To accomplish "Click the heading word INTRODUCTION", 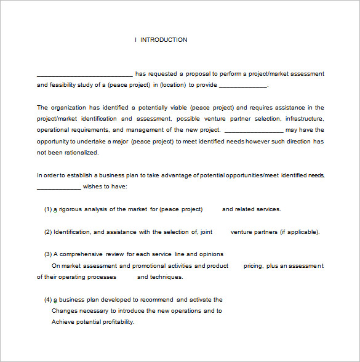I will click(x=164, y=40).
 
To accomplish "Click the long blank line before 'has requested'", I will click(x=85, y=74).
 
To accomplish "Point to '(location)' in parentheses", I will click(x=175, y=85).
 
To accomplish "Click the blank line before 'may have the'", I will click(x=254, y=131).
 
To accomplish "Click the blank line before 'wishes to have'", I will click(x=58, y=187).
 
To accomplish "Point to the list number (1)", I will click(x=47, y=209).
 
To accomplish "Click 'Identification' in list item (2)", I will click(x=72, y=232).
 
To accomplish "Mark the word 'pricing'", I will click(x=253, y=266).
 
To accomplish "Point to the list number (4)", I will click(x=47, y=300).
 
